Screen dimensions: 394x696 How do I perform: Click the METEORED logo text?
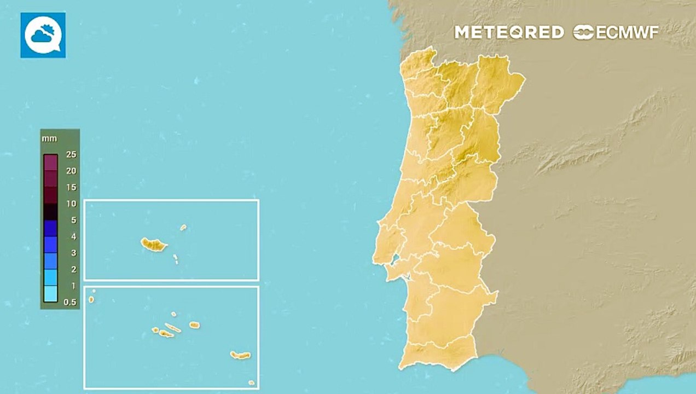click(x=509, y=32)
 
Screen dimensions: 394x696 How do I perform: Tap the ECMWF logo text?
click(x=616, y=32)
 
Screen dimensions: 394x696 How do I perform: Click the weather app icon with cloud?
click(x=43, y=35)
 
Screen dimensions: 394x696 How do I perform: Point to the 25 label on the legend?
click(x=71, y=154)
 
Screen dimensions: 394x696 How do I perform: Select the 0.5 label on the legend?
click(x=71, y=302)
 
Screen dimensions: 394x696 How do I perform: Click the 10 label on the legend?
click(x=71, y=204)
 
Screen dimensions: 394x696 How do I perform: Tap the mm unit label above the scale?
click(x=49, y=139)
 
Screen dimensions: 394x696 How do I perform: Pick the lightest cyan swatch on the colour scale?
click(x=50, y=294)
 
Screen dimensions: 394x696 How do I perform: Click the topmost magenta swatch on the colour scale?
click(x=50, y=163)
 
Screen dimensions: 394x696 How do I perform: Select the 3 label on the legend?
click(x=73, y=253)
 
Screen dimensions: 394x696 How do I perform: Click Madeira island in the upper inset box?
click(x=154, y=245)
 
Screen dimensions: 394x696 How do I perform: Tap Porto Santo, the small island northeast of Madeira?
click(x=183, y=227)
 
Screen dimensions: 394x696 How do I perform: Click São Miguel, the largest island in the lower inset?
click(x=240, y=355)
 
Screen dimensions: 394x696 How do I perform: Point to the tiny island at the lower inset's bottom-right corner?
click(x=251, y=383)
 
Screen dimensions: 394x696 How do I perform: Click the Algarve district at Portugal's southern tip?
click(x=438, y=353)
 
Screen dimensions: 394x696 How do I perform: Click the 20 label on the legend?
click(x=71, y=171)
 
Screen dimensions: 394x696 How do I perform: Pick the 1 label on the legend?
click(x=73, y=286)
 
